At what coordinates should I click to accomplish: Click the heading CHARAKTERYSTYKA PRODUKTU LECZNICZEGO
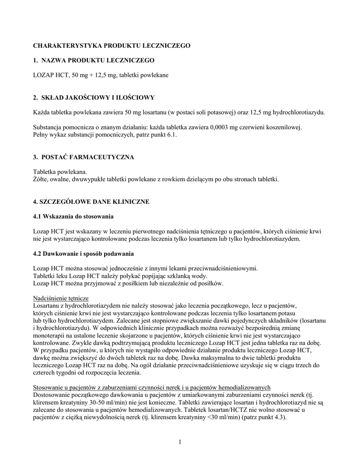coord(112,46)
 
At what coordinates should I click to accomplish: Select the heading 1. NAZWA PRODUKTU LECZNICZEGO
coord(94,60)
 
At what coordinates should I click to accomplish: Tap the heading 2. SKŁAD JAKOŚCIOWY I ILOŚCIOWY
coord(94,97)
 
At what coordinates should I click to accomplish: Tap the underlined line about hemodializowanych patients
coord(152,387)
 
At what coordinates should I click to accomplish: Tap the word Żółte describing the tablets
coord(41,179)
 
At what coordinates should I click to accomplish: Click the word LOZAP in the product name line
coord(44,75)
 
